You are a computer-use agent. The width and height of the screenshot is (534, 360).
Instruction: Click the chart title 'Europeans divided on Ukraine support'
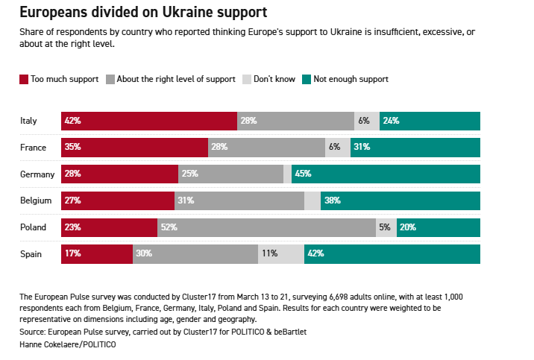(144, 13)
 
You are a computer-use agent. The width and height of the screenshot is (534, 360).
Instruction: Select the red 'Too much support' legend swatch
(25, 79)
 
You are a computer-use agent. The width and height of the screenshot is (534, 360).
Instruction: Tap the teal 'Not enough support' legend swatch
(307, 79)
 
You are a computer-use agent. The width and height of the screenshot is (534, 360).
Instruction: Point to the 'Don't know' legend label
(274, 79)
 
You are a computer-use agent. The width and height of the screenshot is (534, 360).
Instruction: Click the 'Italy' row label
(29, 121)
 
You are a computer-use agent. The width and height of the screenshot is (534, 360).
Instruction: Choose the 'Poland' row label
(33, 227)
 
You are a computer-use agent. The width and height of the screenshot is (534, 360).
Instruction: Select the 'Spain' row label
(31, 254)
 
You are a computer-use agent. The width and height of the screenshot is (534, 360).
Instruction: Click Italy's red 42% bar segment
(149, 121)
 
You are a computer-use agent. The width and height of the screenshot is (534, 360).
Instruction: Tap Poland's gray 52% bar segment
(266, 227)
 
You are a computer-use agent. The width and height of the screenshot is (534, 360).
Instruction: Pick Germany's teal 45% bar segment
(386, 174)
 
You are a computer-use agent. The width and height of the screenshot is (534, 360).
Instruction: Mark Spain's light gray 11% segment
(281, 254)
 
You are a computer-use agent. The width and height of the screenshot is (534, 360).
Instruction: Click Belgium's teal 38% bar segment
(400, 200)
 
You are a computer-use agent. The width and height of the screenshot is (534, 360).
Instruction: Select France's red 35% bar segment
(135, 147)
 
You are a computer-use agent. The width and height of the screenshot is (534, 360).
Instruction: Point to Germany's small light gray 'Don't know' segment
(288, 174)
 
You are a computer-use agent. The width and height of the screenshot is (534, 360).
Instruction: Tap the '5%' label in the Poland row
(384, 227)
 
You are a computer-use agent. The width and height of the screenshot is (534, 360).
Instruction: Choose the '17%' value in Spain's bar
(72, 254)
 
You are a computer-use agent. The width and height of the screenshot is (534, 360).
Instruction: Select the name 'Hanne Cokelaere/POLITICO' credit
(68, 344)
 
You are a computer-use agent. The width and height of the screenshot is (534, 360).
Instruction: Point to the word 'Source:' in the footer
(34, 332)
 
